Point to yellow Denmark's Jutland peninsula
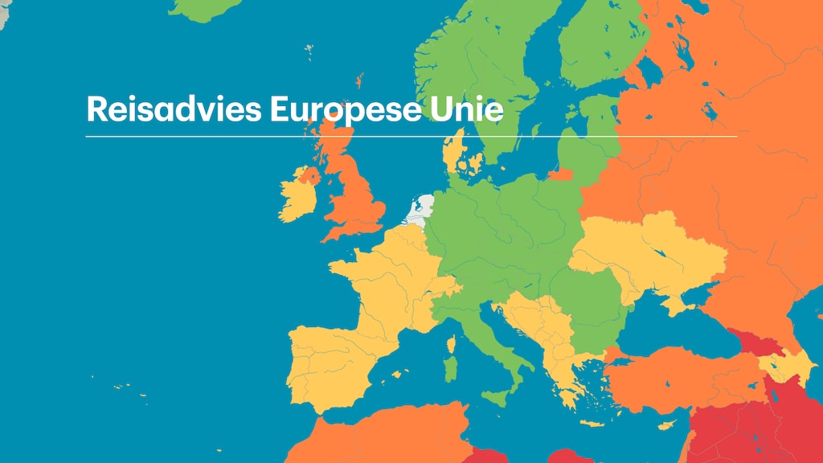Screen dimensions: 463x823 click(x=452, y=153)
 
